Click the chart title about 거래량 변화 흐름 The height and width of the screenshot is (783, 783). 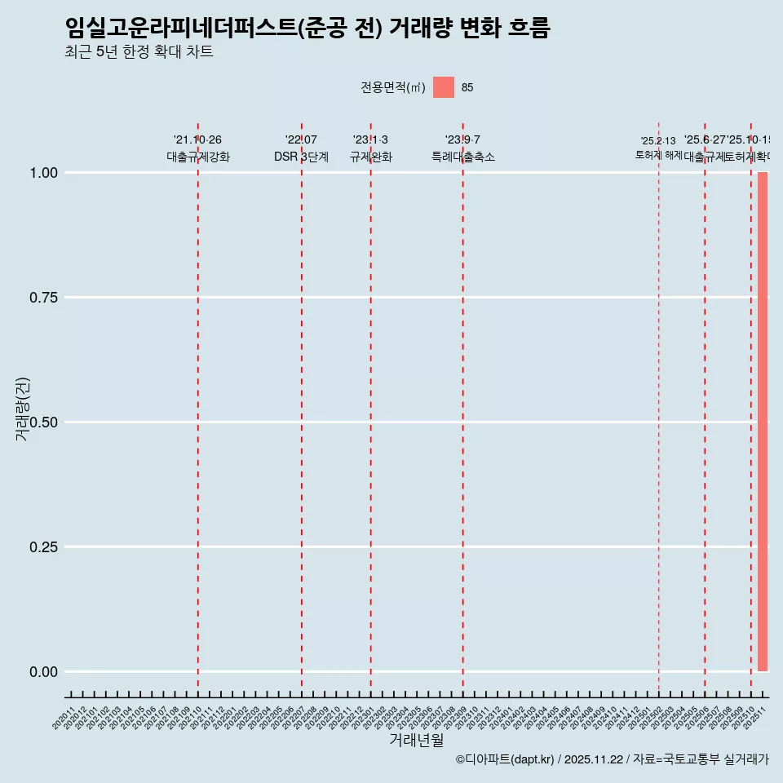307,29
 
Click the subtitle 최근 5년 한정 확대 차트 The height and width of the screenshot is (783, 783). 139,52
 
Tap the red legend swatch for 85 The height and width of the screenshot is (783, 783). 444,87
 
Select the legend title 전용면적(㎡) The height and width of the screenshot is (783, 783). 393,87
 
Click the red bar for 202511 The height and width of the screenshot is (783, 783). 763,422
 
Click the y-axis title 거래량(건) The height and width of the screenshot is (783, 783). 22,409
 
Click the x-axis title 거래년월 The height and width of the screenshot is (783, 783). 416,741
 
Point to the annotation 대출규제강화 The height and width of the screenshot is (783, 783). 198,157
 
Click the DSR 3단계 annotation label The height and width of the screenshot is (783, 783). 301,157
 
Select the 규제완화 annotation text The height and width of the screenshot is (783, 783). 371,157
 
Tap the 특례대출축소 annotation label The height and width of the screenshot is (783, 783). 463,157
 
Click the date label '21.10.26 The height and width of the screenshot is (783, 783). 197,139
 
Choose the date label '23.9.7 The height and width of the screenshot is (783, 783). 462,139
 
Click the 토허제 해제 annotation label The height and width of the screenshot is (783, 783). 658,155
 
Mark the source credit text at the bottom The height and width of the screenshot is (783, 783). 612,760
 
